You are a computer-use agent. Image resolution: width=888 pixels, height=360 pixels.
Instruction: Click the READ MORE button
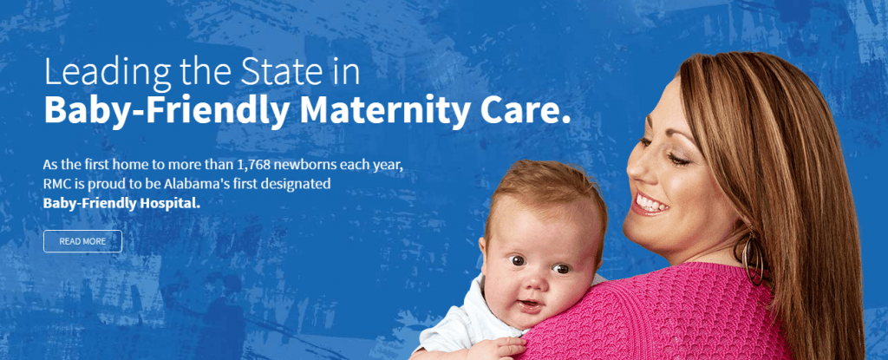(x=82, y=241)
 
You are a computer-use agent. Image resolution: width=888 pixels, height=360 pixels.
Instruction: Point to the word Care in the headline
(x=528, y=111)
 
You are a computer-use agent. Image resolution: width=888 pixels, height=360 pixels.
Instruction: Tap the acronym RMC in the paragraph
(x=60, y=185)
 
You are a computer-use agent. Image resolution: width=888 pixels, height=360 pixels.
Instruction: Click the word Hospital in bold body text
(x=168, y=205)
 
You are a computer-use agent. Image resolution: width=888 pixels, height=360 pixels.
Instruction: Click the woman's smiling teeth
(x=651, y=206)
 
